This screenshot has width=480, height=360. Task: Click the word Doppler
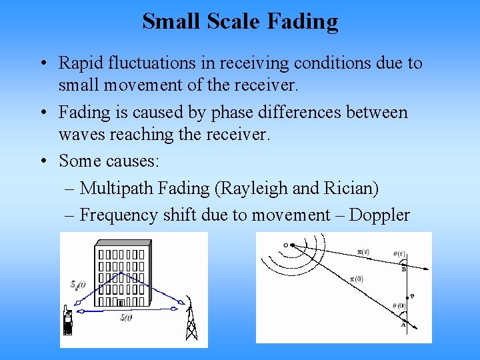(x=379, y=215)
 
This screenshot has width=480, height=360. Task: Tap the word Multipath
(x=117, y=189)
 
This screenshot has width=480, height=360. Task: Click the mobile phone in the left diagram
(x=67, y=322)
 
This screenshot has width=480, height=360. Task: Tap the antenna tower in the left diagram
(x=191, y=320)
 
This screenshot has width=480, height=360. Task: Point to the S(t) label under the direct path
(x=125, y=317)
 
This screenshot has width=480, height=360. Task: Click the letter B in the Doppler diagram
(x=403, y=269)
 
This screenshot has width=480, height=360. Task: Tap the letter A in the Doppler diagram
(x=403, y=325)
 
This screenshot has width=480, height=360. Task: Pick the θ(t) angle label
(x=399, y=254)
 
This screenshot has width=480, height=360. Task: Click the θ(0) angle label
(x=398, y=305)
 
